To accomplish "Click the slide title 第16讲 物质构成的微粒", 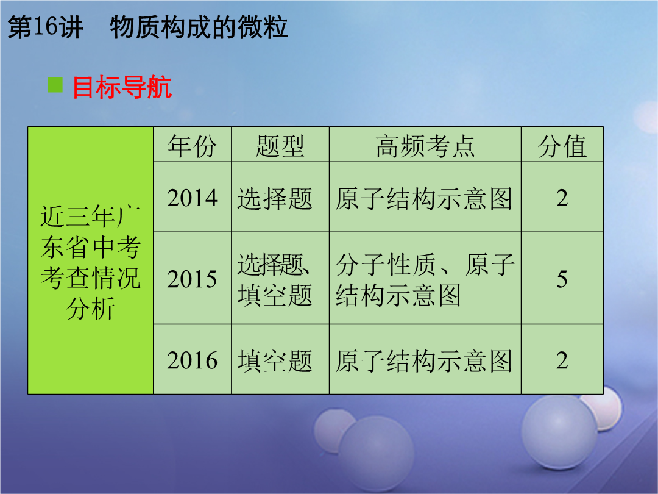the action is [x=147, y=27].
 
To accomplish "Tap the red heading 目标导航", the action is [x=122, y=87].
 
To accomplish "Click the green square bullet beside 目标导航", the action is [x=55, y=85].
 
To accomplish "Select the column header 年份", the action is [x=192, y=146].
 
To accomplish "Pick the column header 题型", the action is [x=280, y=146].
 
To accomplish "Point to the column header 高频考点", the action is [x=425, y=146].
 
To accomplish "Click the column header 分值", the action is [x=562, y=146].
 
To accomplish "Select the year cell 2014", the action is [x=192, y=198].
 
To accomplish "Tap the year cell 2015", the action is [x=192, y=279].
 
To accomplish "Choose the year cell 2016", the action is [x=192, y=360].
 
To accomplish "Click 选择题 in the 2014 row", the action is [x=275, y=198].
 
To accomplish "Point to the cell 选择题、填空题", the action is [x=275, y=279].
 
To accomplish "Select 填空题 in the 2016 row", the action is [x=275, y=361].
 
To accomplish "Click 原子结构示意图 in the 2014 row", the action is [x=424, y=198].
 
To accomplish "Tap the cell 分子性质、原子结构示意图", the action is [x=425, y=279].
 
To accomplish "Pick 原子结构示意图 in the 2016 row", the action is [x=424, y=361].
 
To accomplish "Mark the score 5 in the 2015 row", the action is [x=562, y=279].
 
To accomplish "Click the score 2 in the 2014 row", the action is [x=562, y=198].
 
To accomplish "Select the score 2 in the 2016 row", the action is [x=562, y=360].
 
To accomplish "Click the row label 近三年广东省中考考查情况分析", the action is [x=90, y=262].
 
